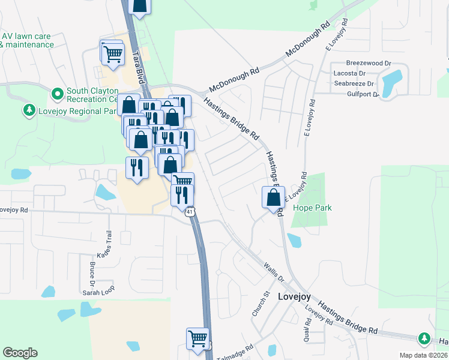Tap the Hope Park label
(312, 208)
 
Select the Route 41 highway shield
(190, 212)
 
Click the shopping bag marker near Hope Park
(273, 197)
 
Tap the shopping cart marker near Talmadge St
(197, 339)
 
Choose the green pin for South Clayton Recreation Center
(58, 94)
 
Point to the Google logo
(20, 353)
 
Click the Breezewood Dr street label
(369, 62)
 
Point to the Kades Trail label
(109, 244)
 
